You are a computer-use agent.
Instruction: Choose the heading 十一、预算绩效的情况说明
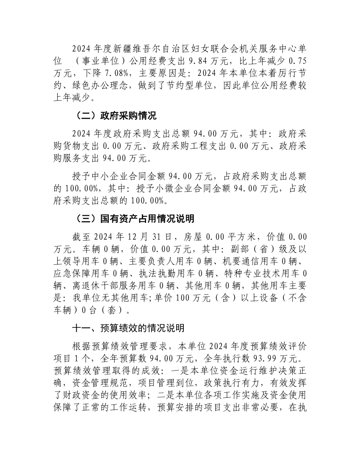pos(128,328)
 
